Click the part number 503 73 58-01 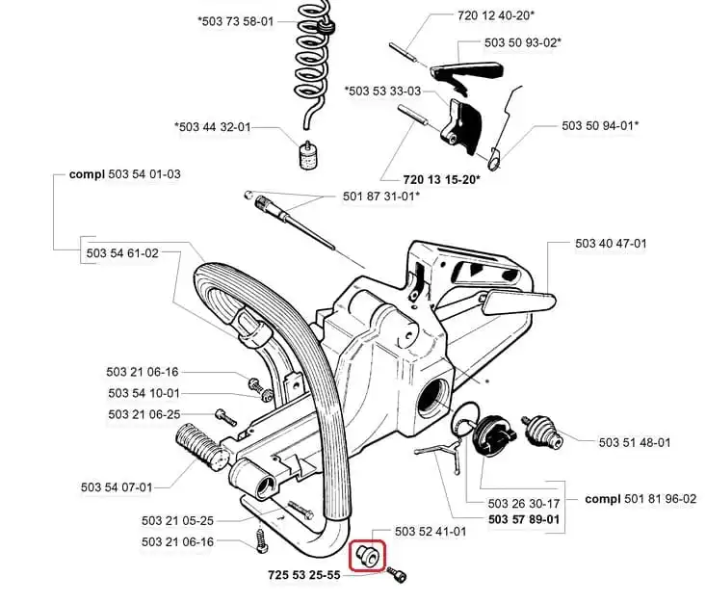(236, 21)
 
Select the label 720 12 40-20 (496, 16)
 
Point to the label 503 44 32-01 (213, 126)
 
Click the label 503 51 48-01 (634, 441)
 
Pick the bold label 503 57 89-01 (524, 519)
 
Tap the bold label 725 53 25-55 (308, 576)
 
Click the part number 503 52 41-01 (431, 531)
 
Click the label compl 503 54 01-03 (124, 174)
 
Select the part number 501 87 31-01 (381, 197)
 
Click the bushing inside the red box (366, 556)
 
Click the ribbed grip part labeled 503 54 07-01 (198, 451)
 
